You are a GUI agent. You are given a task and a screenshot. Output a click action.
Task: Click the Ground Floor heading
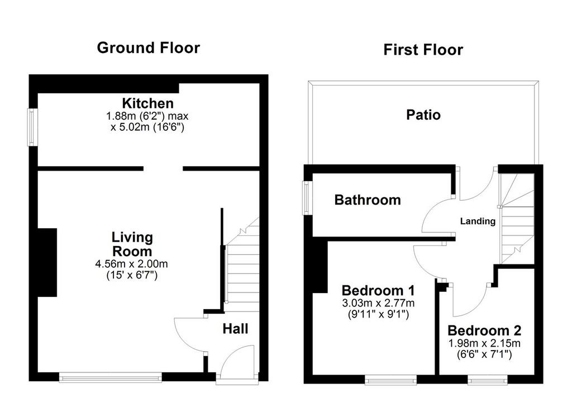[149, 48]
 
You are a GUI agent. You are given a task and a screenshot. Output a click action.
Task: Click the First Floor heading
[423, 50]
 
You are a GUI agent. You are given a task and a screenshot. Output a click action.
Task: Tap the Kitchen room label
[147, 103]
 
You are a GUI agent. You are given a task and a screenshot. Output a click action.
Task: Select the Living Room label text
[132, 244]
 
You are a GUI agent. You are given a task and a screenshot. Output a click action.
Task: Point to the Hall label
[235, 329]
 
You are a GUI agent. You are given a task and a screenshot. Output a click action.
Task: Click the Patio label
[423, 115]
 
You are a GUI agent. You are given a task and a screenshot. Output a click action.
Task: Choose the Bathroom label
[368, 200]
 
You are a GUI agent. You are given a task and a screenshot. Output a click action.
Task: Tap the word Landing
[478, 221]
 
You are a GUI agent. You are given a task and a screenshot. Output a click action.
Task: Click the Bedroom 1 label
[378, 290]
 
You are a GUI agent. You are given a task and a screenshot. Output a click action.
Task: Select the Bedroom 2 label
[484, 330]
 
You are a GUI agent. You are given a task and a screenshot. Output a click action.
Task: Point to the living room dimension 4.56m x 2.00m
[132, 263]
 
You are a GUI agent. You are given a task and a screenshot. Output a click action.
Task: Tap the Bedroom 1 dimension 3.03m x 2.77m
[378, 303]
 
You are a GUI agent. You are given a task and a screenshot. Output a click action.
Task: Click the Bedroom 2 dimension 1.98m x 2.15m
[484, 343]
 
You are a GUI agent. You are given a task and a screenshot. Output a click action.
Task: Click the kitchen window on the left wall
[32, 127]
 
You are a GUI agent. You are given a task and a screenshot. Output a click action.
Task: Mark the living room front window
[111, 377]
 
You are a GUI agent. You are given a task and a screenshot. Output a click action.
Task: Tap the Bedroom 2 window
[488, 380]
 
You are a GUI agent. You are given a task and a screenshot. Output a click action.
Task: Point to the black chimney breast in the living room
[47, 263]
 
